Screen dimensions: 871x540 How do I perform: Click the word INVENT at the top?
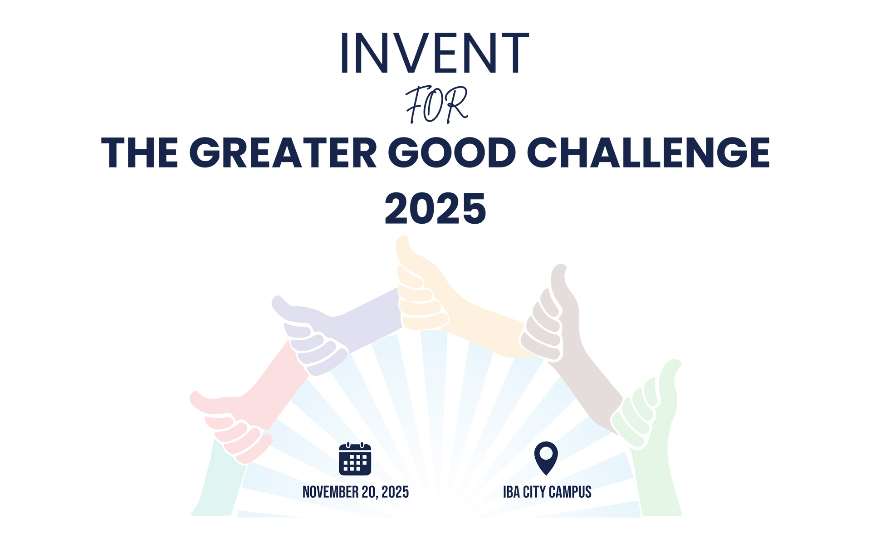tap(435, 53)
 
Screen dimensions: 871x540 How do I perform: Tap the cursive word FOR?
tap(436, 105)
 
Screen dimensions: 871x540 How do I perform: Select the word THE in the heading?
tap(140, 152)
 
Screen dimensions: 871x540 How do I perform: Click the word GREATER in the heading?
tap(283, 152)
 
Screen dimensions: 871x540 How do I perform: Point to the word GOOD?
tap(452, 152)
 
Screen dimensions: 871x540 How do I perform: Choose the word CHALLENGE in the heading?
tap(649, 152)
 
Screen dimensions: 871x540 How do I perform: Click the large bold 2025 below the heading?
tap(435, 209)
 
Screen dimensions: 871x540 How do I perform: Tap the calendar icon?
tap(355, 458)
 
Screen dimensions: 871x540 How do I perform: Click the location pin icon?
tap(546, 458)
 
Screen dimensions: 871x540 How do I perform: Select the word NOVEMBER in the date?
tap(331, 492)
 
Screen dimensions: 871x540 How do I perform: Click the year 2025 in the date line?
tap(395, 492)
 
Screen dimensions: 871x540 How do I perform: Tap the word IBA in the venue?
tap(511, 492)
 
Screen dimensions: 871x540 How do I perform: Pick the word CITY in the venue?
tap(534, 492)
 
